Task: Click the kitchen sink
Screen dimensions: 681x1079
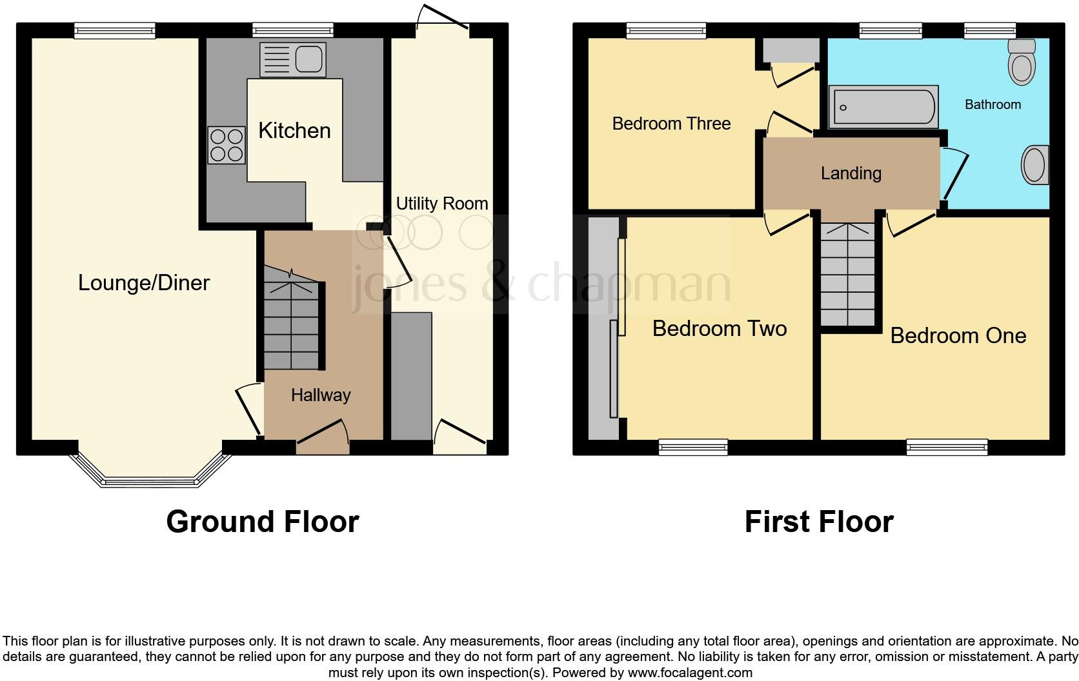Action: point(293,59)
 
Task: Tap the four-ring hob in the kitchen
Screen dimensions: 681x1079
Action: point(227,145)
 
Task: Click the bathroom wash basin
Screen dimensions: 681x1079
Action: point(1034,165)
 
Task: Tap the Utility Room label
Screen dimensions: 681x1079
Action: point(442,204)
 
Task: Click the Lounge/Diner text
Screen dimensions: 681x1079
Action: point(144,282)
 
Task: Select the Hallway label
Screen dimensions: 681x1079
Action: point(321,395)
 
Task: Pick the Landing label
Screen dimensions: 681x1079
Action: point(851,173)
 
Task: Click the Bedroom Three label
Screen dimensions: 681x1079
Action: point(671,123)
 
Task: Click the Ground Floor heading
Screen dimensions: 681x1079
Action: point(262,521)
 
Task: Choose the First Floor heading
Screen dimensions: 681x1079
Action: point(818,521)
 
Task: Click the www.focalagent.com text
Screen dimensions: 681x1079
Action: point(690,673)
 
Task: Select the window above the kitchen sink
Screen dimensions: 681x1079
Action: point(293,30)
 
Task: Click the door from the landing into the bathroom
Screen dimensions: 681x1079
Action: point(955,174)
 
